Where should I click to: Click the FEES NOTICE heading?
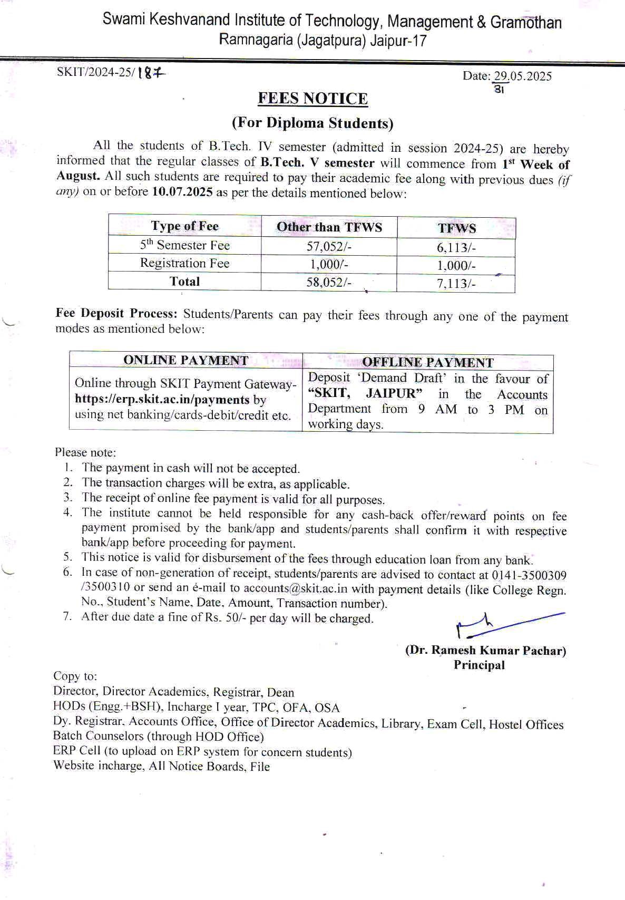coord(312,99)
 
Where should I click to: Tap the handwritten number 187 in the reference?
coord(151,74)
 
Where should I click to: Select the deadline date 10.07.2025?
coord(182,191)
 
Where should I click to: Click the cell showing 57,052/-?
coord(329,246)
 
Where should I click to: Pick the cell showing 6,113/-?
coord(456,248)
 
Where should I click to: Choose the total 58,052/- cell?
coord(329,282)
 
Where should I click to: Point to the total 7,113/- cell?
coord(456,284)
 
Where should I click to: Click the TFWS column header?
coord(456,228)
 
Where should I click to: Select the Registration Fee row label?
coord(184,263)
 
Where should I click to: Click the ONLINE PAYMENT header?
coord(185,360)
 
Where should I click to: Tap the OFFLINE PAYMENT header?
coord(427,362)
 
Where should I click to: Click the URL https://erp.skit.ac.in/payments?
coord(162,399)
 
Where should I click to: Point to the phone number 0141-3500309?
coord(529,575)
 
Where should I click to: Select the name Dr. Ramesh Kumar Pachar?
coord(485,650)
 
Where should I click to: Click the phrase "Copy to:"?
coord(75,676)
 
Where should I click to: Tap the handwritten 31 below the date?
coord(500,90)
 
